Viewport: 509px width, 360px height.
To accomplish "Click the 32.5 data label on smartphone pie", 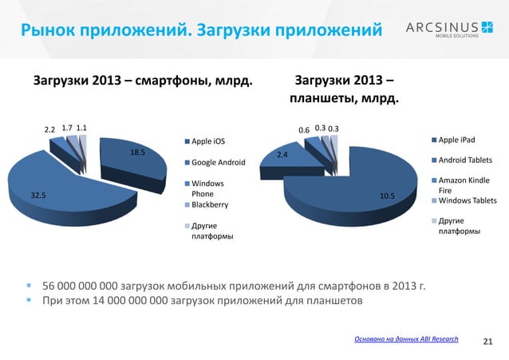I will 38,194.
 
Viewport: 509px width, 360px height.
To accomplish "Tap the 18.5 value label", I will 137,153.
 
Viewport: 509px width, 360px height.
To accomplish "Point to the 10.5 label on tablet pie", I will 388,195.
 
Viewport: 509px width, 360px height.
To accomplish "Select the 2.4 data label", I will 282,155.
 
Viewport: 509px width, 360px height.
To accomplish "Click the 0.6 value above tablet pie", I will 304,129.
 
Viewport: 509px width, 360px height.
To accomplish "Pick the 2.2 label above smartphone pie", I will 49,129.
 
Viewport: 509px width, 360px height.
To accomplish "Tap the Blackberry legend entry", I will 209,205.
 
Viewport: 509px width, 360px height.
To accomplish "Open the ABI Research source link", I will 406,339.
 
